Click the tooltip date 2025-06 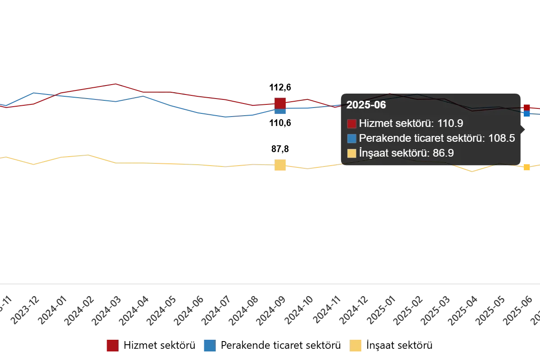click(x=366, y=105)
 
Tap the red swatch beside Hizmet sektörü click(x=352, y=124)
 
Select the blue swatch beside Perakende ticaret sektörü click(x=352, y=139)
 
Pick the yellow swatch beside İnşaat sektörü click(x=352, y=153)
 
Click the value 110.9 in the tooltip click(x=450, y=123)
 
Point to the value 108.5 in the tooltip click(x=501, y=138)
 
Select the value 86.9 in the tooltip click(x=443, y=153)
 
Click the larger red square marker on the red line click(x=280, y=103)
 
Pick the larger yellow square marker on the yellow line click(x=280, y=165)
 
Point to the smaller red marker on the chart click(x=526, y=108)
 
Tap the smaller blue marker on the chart click(x=526, y=114)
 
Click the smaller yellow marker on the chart click(x=526, y=167)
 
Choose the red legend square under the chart click(x=112, y=346)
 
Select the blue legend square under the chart click(x=209, y=346)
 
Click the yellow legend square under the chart click(x=356, y=346)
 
